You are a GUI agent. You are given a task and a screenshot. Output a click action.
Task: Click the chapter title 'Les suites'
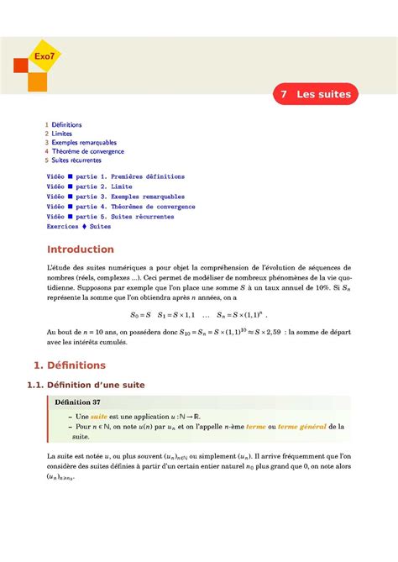tap(323, 94)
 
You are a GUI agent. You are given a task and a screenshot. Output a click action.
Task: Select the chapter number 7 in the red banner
tap(285, 94)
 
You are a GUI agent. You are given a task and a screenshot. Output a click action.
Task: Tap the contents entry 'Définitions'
tap(66, 124)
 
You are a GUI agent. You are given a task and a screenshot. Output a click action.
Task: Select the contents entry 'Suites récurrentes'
tap(76, 160)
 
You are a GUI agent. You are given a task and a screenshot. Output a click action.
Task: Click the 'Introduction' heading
tap(80, 249)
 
